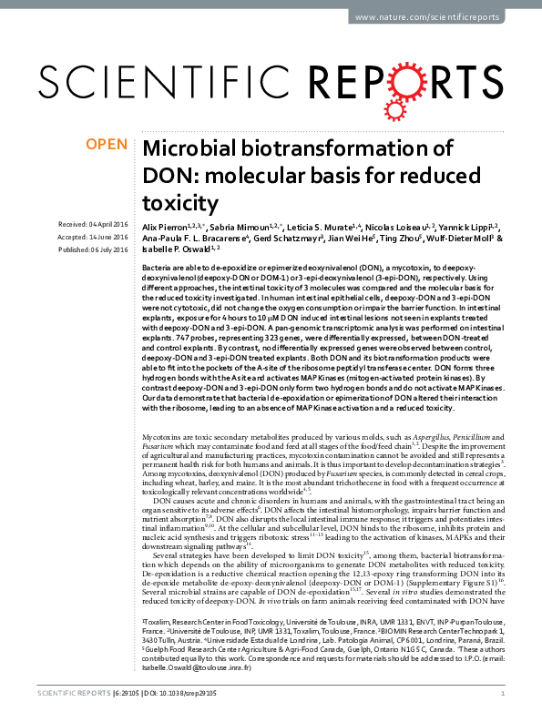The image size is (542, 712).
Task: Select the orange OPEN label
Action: click(107, 144)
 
